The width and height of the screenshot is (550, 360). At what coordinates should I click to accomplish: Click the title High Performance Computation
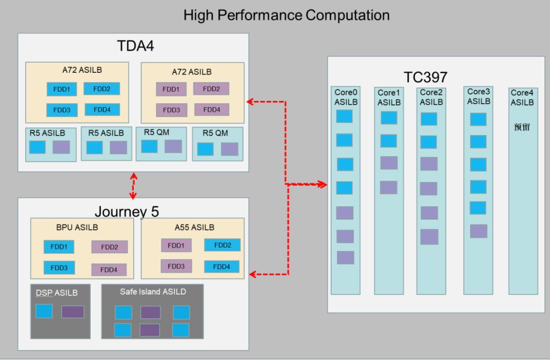(286, 15)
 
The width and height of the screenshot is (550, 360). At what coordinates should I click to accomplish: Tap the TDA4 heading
(135, 46)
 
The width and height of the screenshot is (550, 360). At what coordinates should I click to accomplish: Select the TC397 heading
(426, 77)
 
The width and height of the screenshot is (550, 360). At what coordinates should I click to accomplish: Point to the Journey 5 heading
(126, 211)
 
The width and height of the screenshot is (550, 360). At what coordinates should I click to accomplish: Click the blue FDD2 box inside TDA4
(102, 89)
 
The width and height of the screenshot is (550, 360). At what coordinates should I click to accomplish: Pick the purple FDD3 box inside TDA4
(171, 110)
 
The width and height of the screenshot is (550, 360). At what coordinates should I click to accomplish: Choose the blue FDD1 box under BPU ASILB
(59, 247)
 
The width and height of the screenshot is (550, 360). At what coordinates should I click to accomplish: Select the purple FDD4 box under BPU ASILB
(109, 270)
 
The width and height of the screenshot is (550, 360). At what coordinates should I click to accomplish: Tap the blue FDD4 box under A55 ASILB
(222, 267)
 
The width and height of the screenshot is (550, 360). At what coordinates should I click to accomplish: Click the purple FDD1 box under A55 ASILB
(176, 246)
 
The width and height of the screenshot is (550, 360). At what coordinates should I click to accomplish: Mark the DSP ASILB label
(56, 293)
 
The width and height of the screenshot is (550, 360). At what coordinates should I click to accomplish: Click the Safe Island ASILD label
(153, 291)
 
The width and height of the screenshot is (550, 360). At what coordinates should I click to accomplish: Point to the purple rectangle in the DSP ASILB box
(73, 312)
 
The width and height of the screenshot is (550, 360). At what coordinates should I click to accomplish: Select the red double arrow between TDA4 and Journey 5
(133, 186)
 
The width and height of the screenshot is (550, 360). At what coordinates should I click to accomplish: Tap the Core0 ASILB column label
(346, 97)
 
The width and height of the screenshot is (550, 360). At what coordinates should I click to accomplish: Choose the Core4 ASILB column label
(522, 97)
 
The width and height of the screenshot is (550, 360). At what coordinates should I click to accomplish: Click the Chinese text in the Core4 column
(522, 127)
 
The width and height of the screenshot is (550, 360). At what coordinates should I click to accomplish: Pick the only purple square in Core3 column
(478, 232)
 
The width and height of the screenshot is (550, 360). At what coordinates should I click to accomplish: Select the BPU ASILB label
(77, 227)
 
